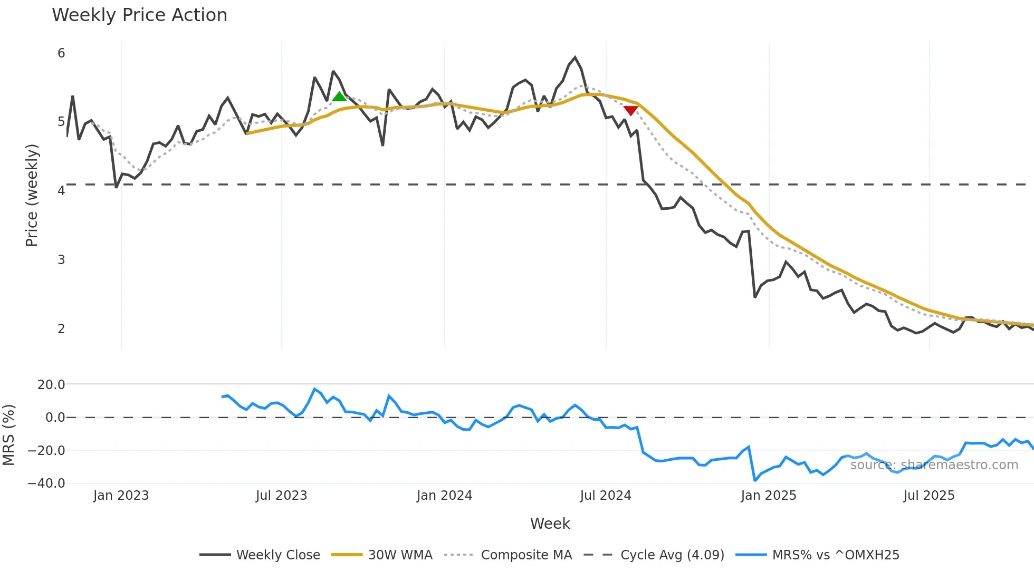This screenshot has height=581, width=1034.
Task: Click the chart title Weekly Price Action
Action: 139,15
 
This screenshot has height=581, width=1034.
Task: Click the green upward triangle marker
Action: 339,96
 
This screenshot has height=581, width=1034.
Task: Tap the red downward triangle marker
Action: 630,110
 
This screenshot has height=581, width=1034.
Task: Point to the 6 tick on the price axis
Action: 61,53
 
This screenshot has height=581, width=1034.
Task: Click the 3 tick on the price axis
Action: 61,260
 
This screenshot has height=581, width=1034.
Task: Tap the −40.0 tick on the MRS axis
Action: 46,483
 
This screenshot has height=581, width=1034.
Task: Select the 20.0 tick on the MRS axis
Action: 51,385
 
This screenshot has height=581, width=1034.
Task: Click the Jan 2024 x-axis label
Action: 444,496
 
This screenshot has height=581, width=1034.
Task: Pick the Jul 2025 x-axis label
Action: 928,496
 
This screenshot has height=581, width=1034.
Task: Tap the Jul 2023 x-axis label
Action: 281,496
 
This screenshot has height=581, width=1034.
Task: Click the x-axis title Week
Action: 550,524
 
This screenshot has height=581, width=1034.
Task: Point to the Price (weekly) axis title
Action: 32,195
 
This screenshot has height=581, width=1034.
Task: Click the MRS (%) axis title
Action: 8,435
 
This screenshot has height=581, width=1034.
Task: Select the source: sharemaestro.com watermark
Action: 934,465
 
